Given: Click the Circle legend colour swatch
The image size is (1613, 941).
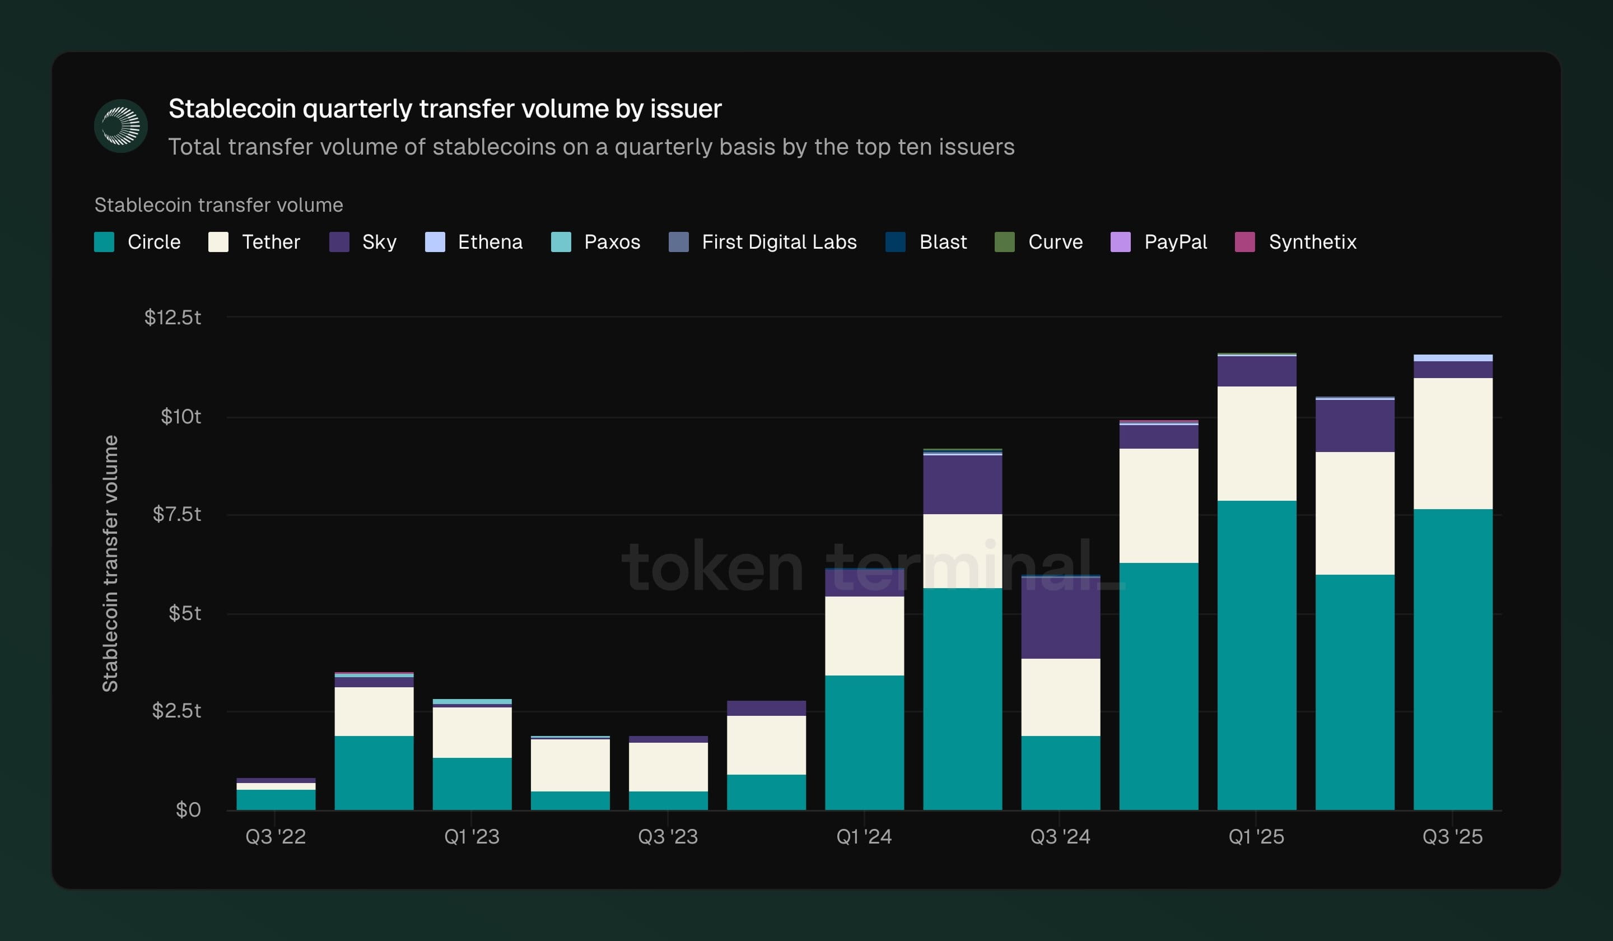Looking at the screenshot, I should point(104,242).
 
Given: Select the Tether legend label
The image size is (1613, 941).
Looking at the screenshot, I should point(271,242).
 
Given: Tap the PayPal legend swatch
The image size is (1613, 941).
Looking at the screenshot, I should point(1120,242).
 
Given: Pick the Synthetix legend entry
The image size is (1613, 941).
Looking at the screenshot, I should point(1312,242).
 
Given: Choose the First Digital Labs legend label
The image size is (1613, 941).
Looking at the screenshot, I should point(779,242).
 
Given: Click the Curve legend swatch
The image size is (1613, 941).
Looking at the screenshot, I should point(1004,242).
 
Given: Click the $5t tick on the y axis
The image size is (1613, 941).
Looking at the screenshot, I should point(184,613).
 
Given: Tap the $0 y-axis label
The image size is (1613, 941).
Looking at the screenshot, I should point(188,810).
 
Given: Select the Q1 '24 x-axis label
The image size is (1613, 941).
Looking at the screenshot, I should point(864,836).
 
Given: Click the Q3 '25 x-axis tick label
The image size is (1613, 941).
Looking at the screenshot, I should point(1452,836).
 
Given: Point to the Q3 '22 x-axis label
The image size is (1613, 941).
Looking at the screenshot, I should point(276,836).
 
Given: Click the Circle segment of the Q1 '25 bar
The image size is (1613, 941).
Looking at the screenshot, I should point(1256,653).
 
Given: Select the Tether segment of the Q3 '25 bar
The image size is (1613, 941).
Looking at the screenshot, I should point(1453,443).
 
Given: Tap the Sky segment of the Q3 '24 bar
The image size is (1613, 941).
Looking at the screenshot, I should point(1061,618).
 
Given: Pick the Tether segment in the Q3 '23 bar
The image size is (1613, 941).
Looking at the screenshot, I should point(668,766).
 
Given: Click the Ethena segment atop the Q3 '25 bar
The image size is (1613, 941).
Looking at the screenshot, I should point(1453,358).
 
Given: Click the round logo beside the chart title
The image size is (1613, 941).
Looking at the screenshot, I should point(121,125).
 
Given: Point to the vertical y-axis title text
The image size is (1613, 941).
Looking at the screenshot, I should point(110,563).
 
